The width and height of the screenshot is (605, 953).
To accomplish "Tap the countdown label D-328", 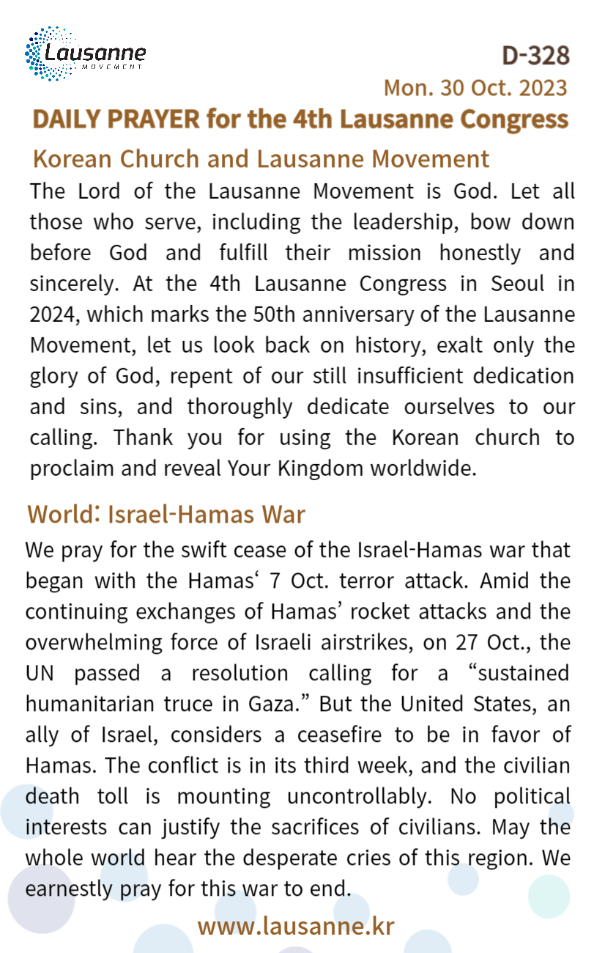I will [x=535, y=55].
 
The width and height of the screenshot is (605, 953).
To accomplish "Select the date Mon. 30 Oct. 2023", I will [x=475, y=87].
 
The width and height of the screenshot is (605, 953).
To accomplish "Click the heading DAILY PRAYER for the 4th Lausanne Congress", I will [x=300, y=119].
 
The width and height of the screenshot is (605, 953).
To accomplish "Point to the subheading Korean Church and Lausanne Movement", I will [x=261, y=158].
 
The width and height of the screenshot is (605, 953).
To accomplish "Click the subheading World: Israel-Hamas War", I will [x=166, y=514].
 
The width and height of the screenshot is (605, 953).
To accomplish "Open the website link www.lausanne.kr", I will [x=296, y=925].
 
